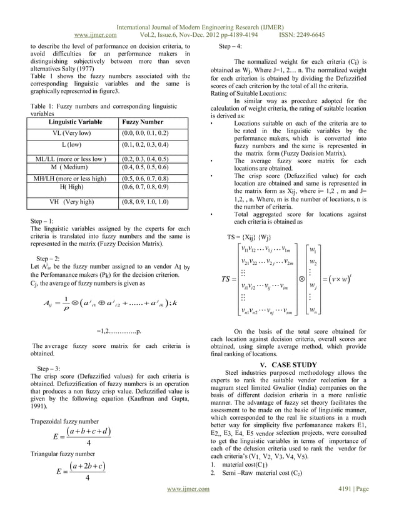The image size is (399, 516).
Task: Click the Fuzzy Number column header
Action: (143, 122)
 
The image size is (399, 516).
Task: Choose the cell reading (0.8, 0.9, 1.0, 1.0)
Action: (146, 202)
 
